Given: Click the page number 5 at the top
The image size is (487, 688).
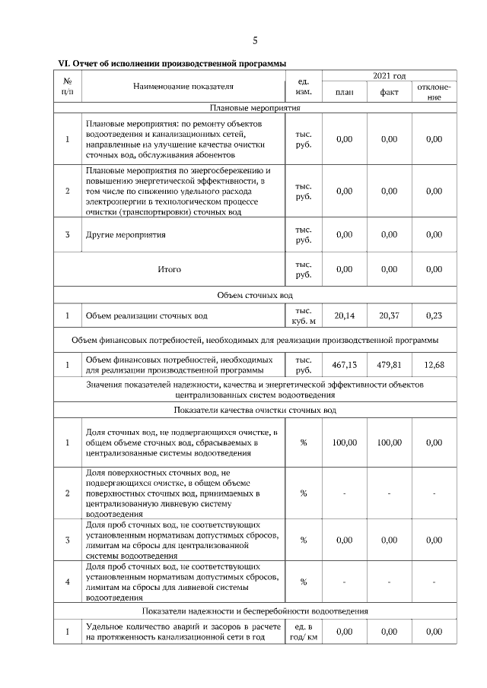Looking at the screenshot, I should [x=255, y=40].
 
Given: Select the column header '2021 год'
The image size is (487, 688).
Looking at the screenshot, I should [x=389, y=76].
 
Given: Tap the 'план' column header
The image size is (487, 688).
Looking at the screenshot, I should [x=344, y=93].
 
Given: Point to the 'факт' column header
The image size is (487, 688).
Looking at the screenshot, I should [x=389, y=93].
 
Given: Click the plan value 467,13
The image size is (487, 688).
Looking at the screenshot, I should [x=344, y=365].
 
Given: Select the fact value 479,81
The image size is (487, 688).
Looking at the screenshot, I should [x=389, y=365].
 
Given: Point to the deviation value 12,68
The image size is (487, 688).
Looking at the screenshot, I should [x=434, y=365].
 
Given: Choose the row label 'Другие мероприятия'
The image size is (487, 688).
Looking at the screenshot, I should [x=126, y=235].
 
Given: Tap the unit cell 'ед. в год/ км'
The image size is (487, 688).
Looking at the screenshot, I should [x=303, y=631].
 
